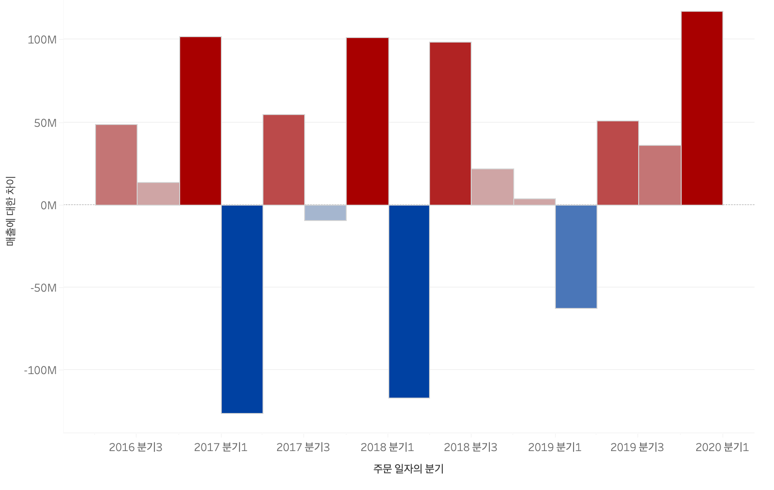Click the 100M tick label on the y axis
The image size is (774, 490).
point(42,40)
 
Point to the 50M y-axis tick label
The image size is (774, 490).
point(45,123)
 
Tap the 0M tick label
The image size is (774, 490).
point(48,206)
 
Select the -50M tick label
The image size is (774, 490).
point(43,288)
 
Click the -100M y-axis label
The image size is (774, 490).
point(40,370)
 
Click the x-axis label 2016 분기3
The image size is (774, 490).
point(135,447)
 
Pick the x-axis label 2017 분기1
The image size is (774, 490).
point(220,447)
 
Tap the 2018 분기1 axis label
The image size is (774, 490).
point(387,447)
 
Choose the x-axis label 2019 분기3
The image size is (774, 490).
point(637,447)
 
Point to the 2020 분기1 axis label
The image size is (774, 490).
point(722,447)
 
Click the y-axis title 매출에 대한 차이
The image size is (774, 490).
point(10,211)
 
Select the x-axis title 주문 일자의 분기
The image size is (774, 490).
point(408,469)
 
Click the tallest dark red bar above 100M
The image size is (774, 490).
point(702,108)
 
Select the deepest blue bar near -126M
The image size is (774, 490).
point(242,309)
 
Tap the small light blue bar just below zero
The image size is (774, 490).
point(325,213)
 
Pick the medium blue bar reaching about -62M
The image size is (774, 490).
point(576,256)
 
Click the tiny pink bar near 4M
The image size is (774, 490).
point(534,202)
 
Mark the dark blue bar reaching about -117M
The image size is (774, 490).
point(409,301)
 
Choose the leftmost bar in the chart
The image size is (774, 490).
point(116,165)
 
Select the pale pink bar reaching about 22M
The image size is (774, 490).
point(492,187)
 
